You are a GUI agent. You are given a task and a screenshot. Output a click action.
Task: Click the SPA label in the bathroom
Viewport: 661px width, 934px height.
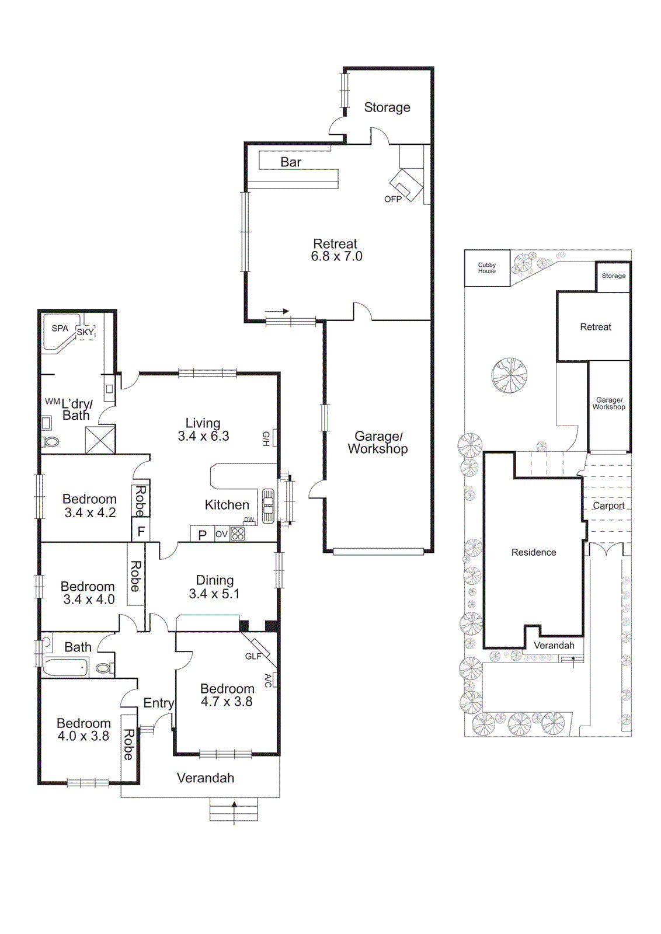[x=60, y=329]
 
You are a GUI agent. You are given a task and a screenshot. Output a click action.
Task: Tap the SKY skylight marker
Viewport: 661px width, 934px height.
[x=85, y=332]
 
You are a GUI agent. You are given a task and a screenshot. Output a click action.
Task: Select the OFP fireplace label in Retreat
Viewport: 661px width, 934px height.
[x=392, y=199]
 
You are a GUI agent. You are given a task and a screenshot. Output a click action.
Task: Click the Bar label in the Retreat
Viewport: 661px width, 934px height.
[x=291, y=162]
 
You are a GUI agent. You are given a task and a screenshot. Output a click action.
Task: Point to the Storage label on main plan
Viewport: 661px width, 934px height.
[x=387, y=107]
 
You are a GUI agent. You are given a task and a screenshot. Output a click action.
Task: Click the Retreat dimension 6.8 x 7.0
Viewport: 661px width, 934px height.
[x=336, y=257]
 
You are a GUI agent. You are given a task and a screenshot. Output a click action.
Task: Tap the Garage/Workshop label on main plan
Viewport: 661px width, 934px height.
[x=378, y=442]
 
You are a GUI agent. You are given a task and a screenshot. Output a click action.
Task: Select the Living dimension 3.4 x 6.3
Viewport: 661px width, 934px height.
[x=203, y=436]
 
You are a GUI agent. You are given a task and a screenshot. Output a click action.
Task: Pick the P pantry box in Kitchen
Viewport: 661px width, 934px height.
[x=202, y=535]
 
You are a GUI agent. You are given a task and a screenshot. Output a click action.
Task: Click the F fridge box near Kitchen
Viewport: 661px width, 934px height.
[x=141, y=532]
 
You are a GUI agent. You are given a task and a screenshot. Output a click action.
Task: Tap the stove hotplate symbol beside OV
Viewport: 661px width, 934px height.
[x=238, y=534]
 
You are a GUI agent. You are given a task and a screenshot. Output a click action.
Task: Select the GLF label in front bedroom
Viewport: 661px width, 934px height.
[x=253, y=656]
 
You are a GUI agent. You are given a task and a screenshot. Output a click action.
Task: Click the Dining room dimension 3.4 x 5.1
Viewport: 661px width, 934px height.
[x=214, y=594]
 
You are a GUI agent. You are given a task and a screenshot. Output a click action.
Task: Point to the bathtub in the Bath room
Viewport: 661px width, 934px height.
[x=66, y=667]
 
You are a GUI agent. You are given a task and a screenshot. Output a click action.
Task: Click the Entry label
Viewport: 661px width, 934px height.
[x=158, y=703]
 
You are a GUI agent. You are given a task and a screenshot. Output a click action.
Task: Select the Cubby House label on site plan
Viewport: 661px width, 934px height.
[x=487, y=268]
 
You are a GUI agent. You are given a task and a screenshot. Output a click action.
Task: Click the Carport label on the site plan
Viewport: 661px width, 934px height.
[x=608, y=506]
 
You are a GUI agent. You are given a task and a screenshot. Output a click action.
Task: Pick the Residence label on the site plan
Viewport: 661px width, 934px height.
[x=534, y=552]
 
